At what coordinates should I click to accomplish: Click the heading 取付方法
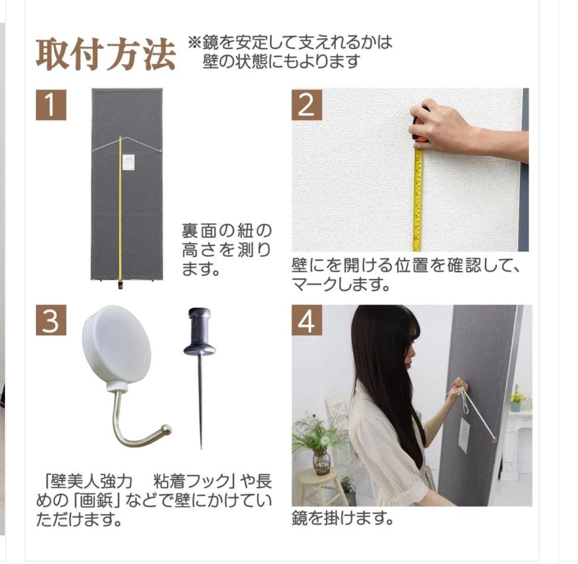[x=106, y=55]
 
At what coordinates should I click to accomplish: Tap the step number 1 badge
[x=51, y=105]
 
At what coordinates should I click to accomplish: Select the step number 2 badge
[x=307, y=105]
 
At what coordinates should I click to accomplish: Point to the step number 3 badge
[x=51, y=320]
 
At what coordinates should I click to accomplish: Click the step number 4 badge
[x=307, y=320]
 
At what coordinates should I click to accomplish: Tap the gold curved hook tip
[x=166, y=430]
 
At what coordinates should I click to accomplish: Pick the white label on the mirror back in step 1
[x=128, y=162]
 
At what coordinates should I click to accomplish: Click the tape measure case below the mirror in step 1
[x=120, y=284]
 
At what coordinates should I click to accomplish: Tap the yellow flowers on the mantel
[x=517, y=397]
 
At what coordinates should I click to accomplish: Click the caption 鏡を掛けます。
[x=342, y=518]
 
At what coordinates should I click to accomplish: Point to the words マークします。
[x=340, y=284]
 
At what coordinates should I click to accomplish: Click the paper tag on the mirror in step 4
[x=464, y=436]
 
